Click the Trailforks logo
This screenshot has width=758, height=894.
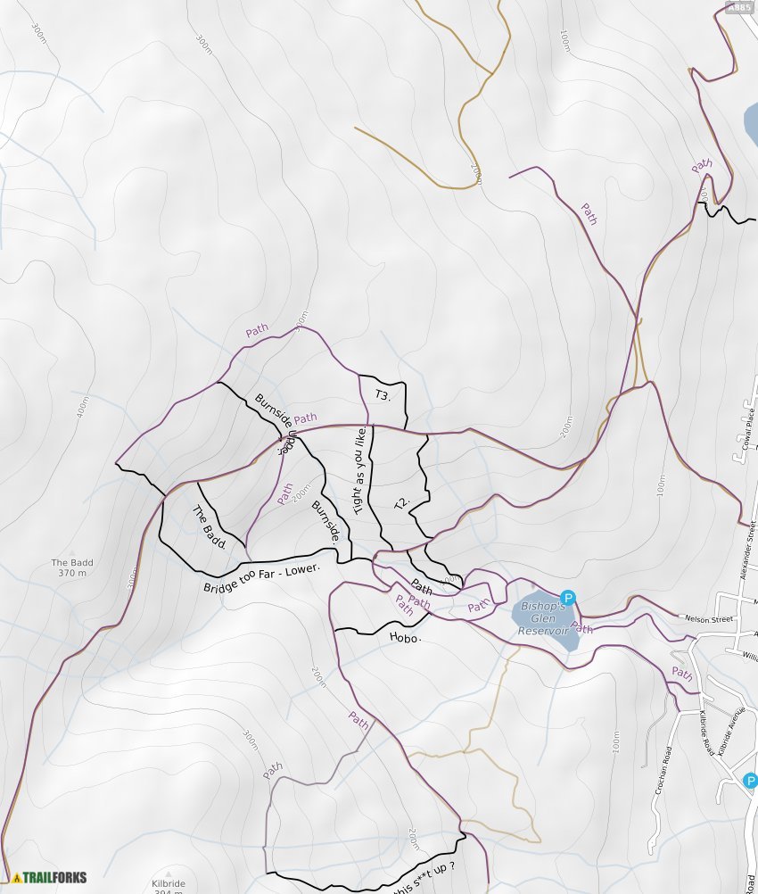pyautogui.click(x=50, y=877)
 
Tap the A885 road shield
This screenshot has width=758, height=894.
pyautogui.click(x=739, y=8)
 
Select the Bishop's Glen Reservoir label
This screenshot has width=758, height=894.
pyautogui.click(x=544, y=618)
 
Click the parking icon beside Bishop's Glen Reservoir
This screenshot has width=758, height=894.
pyautogui.click(x=568, y=598)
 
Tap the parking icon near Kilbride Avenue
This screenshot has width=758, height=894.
pyautogui.click(x=750, y=781)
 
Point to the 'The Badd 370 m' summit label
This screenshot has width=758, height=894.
pyautogui.click(x=72, y=567)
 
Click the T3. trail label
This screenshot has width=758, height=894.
pyautogui.click(x=383, y=394)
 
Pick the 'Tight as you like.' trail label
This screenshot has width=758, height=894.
pyautogui.click(x=361, y=470)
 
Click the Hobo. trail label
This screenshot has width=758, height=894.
pyautogui.click(x=405, y=637)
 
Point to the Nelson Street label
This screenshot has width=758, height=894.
pyautogui.click(x=709, y=618)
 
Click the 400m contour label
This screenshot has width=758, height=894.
pyautogui.click(x=83, y=408)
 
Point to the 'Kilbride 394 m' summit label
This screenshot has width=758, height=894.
pyautogui.click(x=168, y=886)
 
